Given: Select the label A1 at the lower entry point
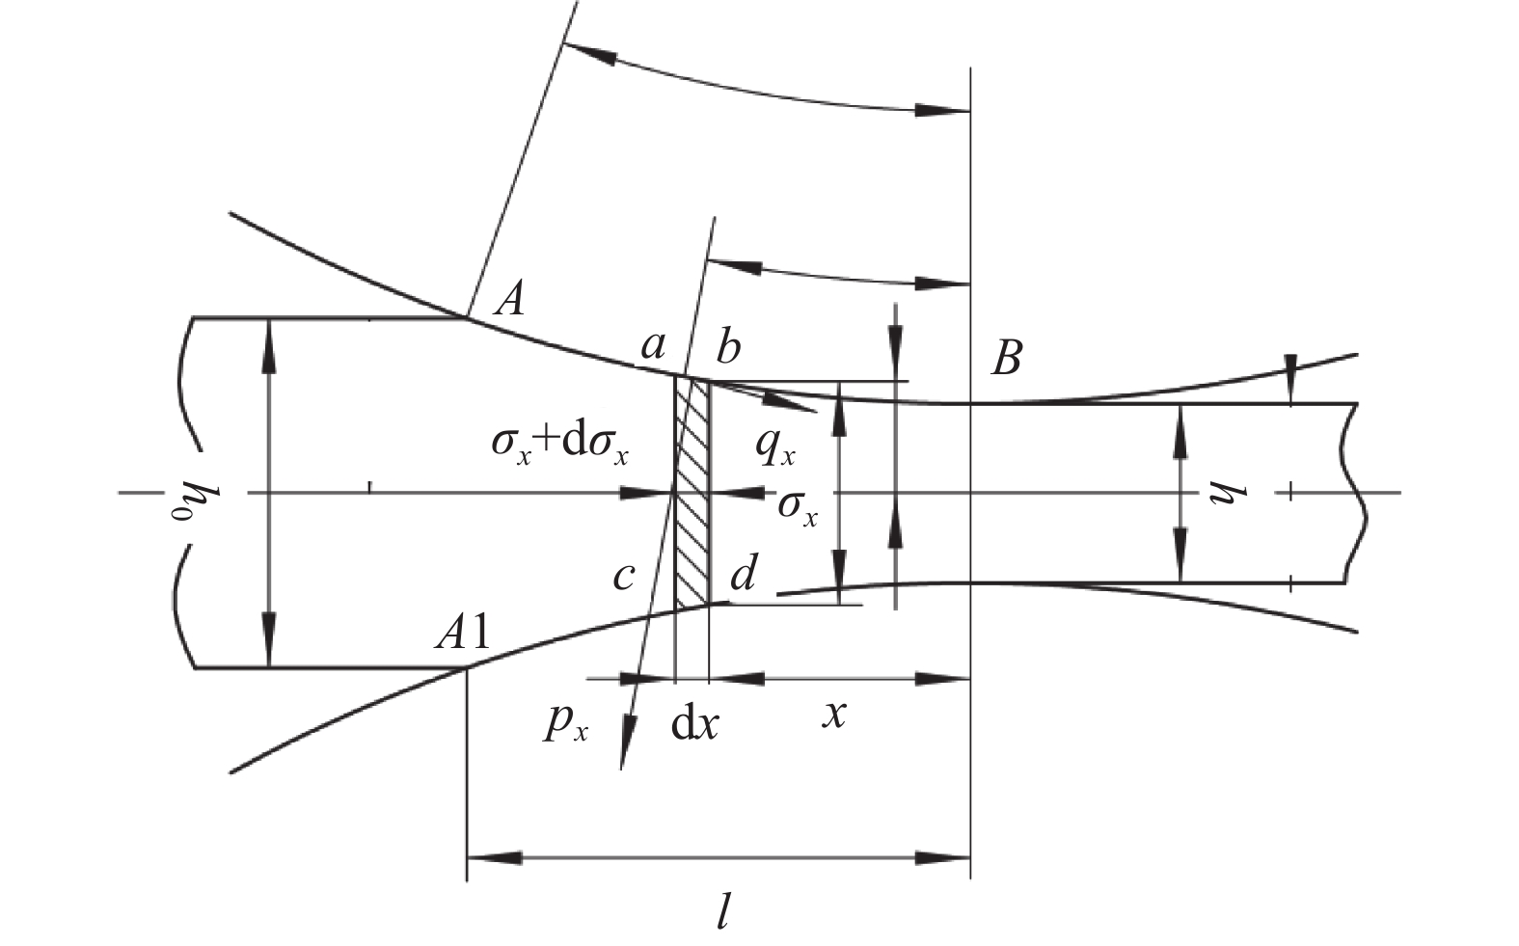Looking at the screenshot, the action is click(x=463, y=635).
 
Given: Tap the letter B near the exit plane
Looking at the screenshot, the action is click(x=1006, y=358).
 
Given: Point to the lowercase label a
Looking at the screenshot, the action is click(x=653, y=347).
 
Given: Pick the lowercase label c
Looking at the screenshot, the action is click(x=623, y=577).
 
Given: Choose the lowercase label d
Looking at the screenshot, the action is click(x=744, y=573).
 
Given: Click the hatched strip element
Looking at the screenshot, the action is click(x=692, y=491).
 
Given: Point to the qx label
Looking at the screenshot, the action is click(x=775, y=448).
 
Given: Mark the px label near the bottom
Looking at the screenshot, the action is click(x=565, y=727).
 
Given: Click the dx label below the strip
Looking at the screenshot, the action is click(x=694, y=725).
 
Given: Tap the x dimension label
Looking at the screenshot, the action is click(x=834, y=716).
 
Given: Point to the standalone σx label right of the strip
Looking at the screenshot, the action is click(x=798, y=508).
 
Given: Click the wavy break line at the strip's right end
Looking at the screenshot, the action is click(x=1355, y=493).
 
